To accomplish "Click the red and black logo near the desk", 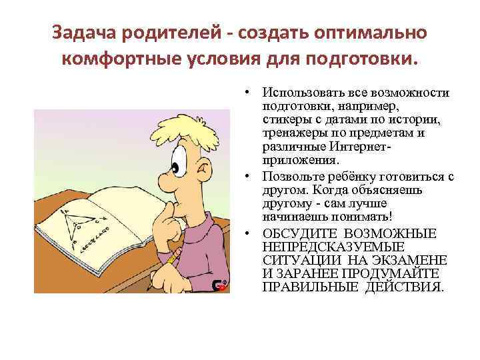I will point(219,285).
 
